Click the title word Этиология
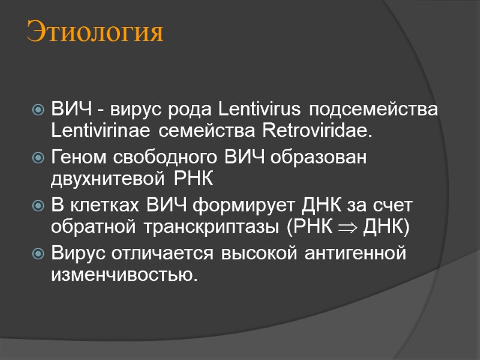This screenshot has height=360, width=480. point(95,32)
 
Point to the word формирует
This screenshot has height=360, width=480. point(236,206)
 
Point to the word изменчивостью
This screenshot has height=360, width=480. point(124,274)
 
